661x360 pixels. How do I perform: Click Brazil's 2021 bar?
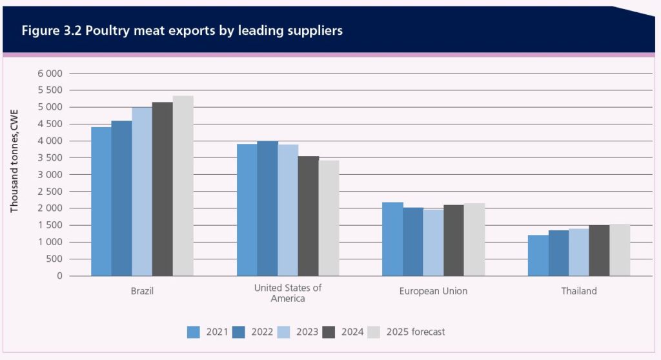101,201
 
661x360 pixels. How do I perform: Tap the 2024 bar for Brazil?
162,189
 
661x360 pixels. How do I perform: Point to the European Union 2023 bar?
433,243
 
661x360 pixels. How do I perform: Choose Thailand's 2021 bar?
538,255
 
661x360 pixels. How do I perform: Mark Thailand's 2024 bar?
599,250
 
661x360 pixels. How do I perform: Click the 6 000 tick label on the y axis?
50,74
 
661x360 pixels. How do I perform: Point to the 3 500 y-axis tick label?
50,158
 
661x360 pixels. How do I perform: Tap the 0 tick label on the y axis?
59,276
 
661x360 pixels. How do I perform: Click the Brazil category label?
142,291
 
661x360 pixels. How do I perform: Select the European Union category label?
433,291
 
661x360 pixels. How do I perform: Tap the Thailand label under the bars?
579,291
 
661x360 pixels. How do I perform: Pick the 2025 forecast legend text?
416,332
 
